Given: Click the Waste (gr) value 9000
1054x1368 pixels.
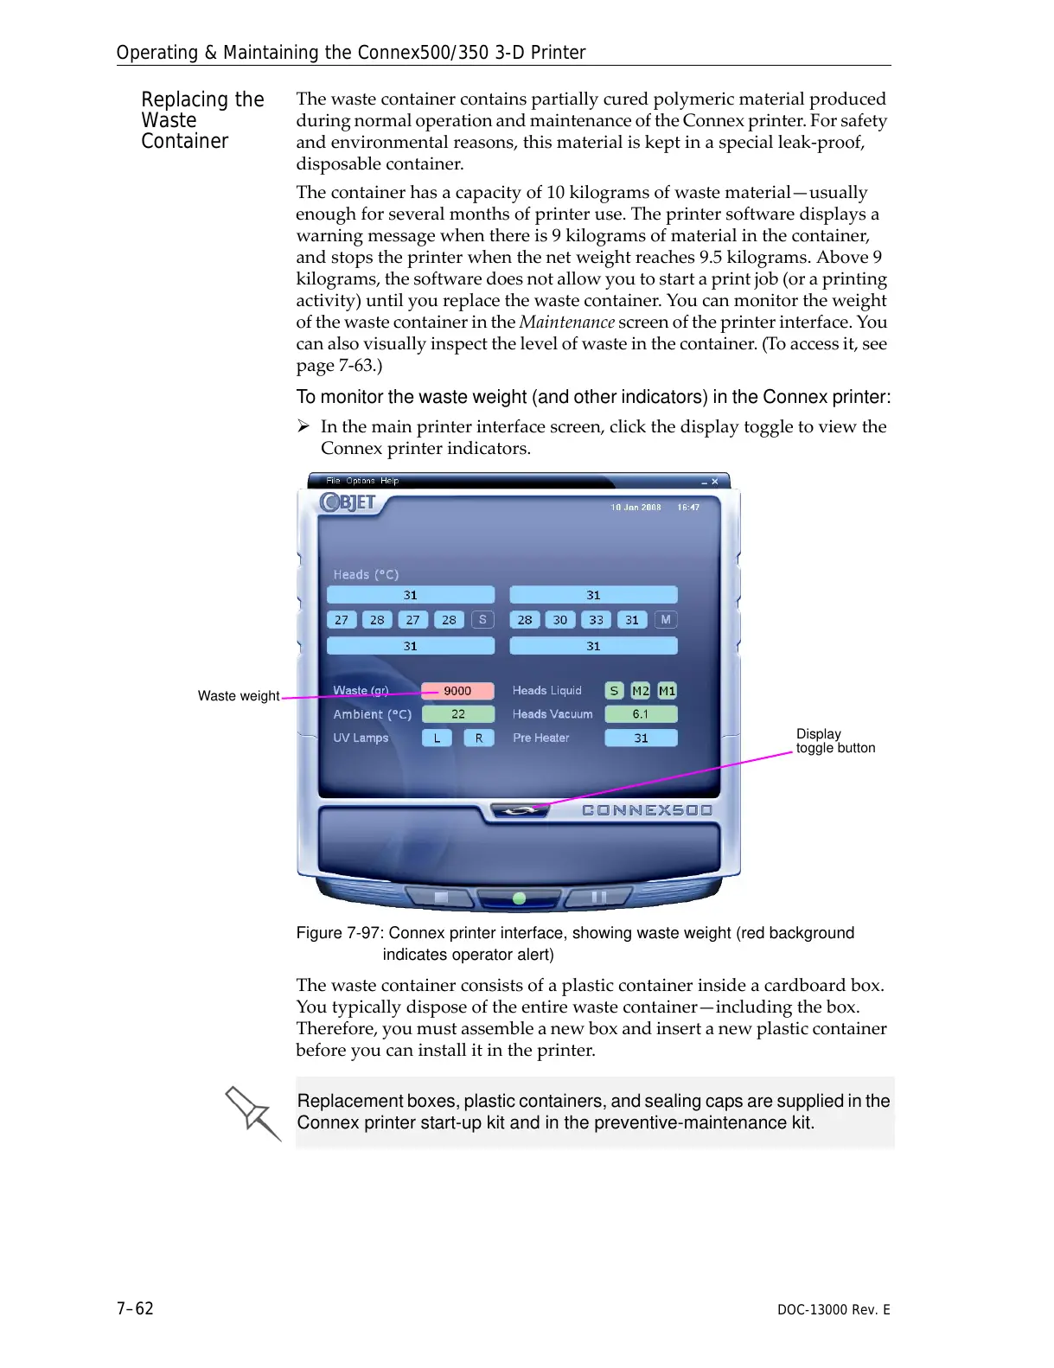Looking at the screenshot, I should coord(457,691).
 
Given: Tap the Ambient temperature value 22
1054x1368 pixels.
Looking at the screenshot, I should coord(457,714).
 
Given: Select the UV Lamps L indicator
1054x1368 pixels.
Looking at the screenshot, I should coord(437,738).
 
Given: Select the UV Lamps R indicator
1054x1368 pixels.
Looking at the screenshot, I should coord(479,738).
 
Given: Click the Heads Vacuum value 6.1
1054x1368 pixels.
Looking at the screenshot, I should coord(641,714).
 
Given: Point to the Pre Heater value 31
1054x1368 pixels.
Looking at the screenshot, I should coord(641,738).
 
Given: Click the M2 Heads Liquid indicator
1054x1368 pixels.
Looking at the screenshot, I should coord(640,691).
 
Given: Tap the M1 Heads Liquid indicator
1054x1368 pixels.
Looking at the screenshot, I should coord(667,691).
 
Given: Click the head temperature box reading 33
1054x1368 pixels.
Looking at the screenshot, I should coord(596,620).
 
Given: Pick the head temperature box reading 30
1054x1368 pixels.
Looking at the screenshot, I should coord(560,620).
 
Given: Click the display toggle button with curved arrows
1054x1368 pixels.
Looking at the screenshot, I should coord(519,811).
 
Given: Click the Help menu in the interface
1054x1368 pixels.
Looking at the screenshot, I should coord(390,481).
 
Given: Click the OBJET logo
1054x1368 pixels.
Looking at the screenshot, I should coord(348,502).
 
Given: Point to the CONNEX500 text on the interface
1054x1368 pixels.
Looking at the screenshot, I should coord(647,810).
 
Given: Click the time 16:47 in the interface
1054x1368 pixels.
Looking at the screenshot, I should coord(688,508).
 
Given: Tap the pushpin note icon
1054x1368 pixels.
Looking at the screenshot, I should coord(252,1113).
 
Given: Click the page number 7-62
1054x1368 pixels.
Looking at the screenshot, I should coord(135,1308).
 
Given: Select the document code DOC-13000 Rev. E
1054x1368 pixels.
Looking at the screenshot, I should coord(833,1309).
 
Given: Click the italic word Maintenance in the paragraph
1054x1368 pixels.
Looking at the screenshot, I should coord(566,323).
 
